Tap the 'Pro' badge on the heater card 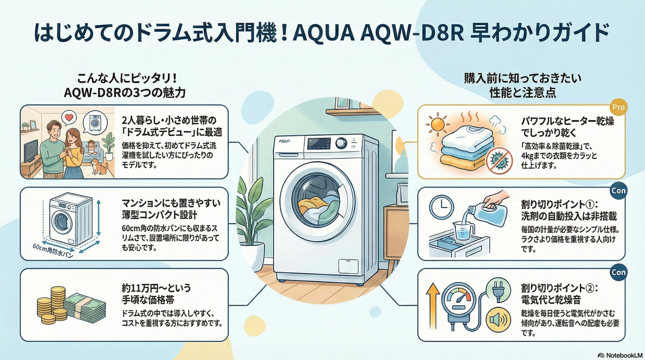tap(618, 107)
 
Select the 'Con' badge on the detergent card tap(618, 191)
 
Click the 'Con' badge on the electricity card tap(618, 272)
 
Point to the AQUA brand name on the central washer tap(286, 143)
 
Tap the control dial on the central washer tap(342, 143)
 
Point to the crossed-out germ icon tap(498, 160)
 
